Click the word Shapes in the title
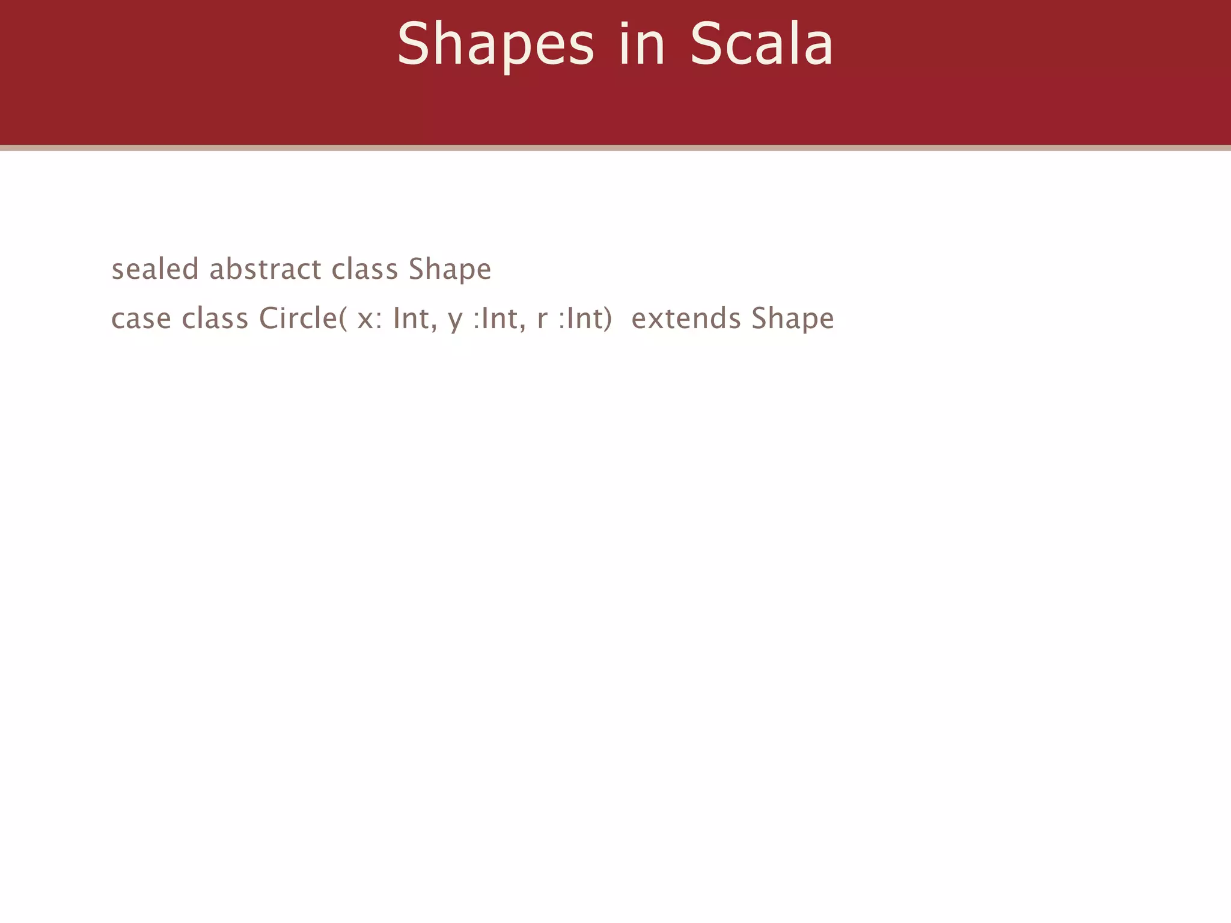pos(495,44)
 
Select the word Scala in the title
pos(762,44)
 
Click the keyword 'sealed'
pos(154,269)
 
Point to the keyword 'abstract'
pos(265,269)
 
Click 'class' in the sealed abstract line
pos(365,269)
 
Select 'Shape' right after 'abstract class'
pos(450,270)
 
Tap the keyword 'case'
pos(141,318)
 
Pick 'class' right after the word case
pos(215,318)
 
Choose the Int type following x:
pos(412,318)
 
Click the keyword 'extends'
pos(686,318)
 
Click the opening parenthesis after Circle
pos(343,318)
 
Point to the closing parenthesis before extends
pos(608,318)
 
